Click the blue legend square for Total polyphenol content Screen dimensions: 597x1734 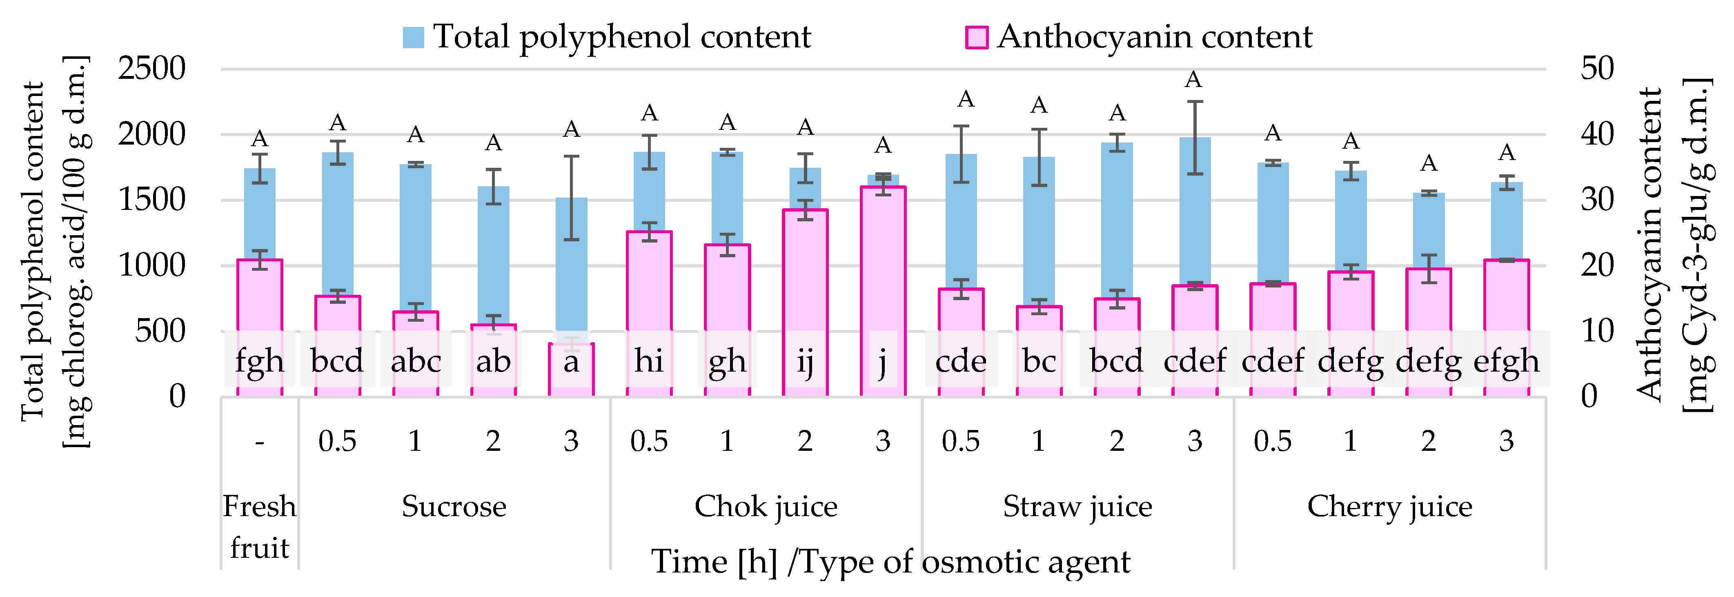[x=413, y=38]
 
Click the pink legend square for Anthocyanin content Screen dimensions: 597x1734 [x=977, y=38]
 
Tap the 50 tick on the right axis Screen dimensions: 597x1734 [x=1597, y=69]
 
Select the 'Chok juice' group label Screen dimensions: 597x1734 [x=766, y=506]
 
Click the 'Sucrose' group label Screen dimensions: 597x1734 [x=454, y=506]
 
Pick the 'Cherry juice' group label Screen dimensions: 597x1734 [x=1389, y=506]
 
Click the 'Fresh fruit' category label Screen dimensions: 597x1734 [x=259, y=526]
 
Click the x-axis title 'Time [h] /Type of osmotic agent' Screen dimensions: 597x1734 [x=890, y=561]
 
